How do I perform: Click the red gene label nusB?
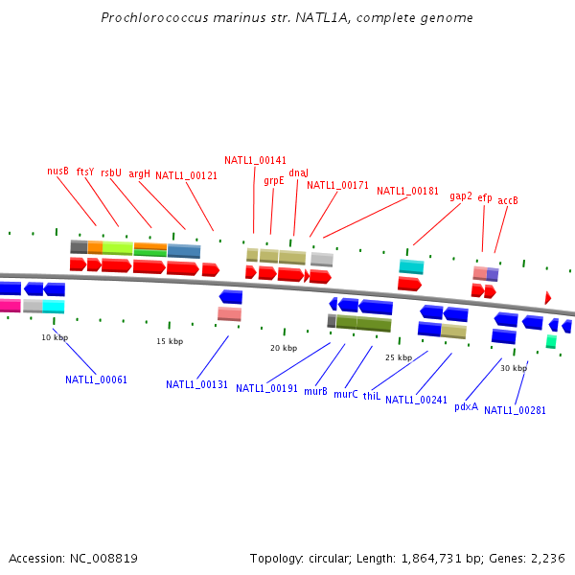click(x=57, y=171)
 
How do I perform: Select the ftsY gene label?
click(x=85, y=172)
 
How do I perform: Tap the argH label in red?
click(x=140, y=173)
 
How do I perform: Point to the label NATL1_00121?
click(x=186, y=175)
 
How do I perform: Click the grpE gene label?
click(x=274, y=180)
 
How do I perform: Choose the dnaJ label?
click(x=299, y=172)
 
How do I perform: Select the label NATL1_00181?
click(x=407, y=191)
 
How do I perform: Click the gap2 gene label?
click(x=461, y=195)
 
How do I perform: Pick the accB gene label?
click(x=508, y=200)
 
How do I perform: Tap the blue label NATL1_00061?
click(x=96, y=379)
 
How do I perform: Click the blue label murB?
click(x=315, y=391)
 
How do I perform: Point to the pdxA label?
click(x=466, y=406)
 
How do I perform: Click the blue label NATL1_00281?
click(x=515, y=410)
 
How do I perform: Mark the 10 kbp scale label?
click(x=55, y=337)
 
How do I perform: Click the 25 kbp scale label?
click(x=399, y=356)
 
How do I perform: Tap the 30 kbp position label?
click(x=514, y=368)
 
